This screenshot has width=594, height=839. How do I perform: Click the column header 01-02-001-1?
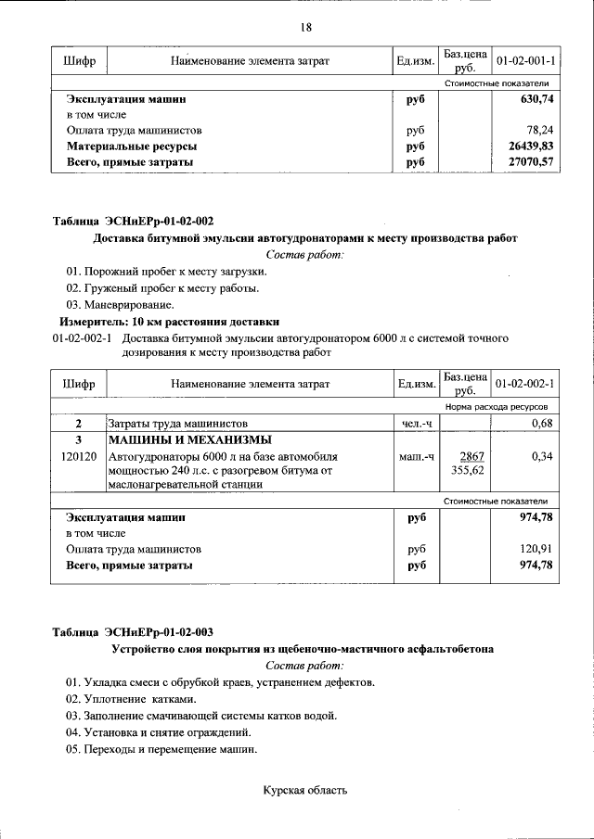(x=525, y=61)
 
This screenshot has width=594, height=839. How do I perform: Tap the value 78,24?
(x=539, y=131)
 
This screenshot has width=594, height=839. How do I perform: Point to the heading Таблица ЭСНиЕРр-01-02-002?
(x=133, y=222)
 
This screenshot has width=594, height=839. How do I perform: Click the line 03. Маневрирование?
(x=119, y=305)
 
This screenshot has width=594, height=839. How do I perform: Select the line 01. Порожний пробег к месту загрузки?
(x=165, y=272)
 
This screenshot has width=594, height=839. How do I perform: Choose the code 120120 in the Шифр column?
(x=78, y=457)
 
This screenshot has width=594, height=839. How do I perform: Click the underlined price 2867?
(x=467, y=457)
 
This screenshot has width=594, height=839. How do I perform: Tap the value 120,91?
(x=536, y=549)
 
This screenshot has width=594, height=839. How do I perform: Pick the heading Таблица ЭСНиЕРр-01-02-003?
(x=133, y=632)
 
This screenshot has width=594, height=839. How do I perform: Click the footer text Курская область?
(x=305, y=791)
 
